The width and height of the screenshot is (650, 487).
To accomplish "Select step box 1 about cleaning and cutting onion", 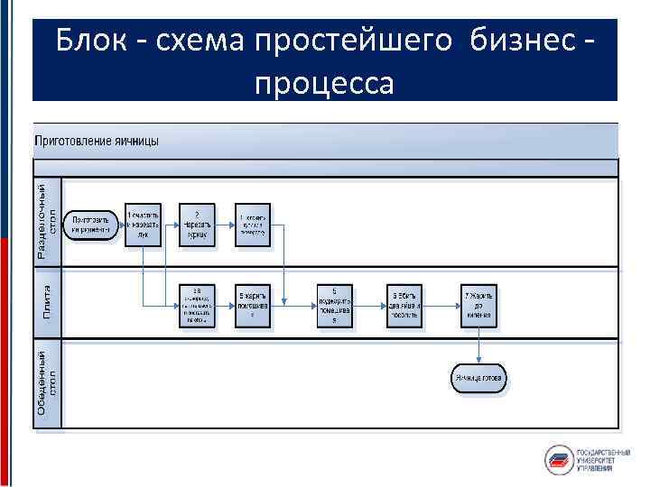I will click(x=143, y=225).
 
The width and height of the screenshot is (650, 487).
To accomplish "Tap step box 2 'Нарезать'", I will click(x=197, y=225).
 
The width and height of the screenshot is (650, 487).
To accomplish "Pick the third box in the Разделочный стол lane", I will click(x=253, y=225).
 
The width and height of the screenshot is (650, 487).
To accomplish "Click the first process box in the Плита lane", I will click(x=197, y=306).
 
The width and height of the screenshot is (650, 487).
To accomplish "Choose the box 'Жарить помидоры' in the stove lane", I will click(x=253, y=306).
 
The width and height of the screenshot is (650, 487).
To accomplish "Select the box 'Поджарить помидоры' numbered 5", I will click(x=334, y=306).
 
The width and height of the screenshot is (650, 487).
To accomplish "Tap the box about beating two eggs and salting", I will click(x=406, y=306).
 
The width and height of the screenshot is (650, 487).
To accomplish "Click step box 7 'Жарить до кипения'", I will click(x=478, y=306).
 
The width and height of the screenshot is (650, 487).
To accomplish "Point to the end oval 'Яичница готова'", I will click(x=478, y=378).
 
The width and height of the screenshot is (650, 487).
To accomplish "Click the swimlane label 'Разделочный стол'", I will click(x=48, y=222).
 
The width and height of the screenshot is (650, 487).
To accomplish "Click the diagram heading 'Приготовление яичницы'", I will click(x=97, y=141).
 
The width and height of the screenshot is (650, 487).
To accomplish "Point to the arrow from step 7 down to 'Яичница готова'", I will click(x=478, y=346).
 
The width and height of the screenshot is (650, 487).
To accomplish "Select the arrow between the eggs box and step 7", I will click(x=442, y=306).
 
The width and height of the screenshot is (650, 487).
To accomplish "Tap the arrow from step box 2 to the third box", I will click(x=225, y=225).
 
